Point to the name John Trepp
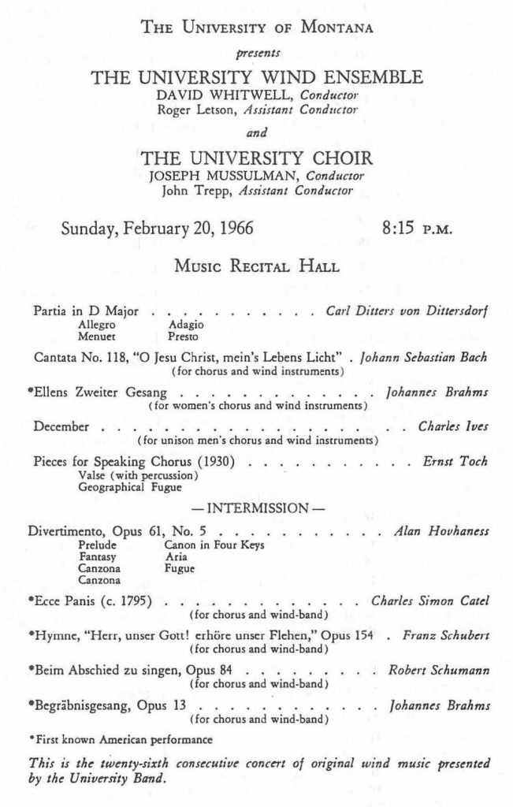tap(192, 190)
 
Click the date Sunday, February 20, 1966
tap(158, 229)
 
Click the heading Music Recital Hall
tap(257, 266)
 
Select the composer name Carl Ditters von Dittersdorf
tap(407, 311)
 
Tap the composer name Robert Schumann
tap(440, 671)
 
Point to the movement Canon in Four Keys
tap(214, 545)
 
